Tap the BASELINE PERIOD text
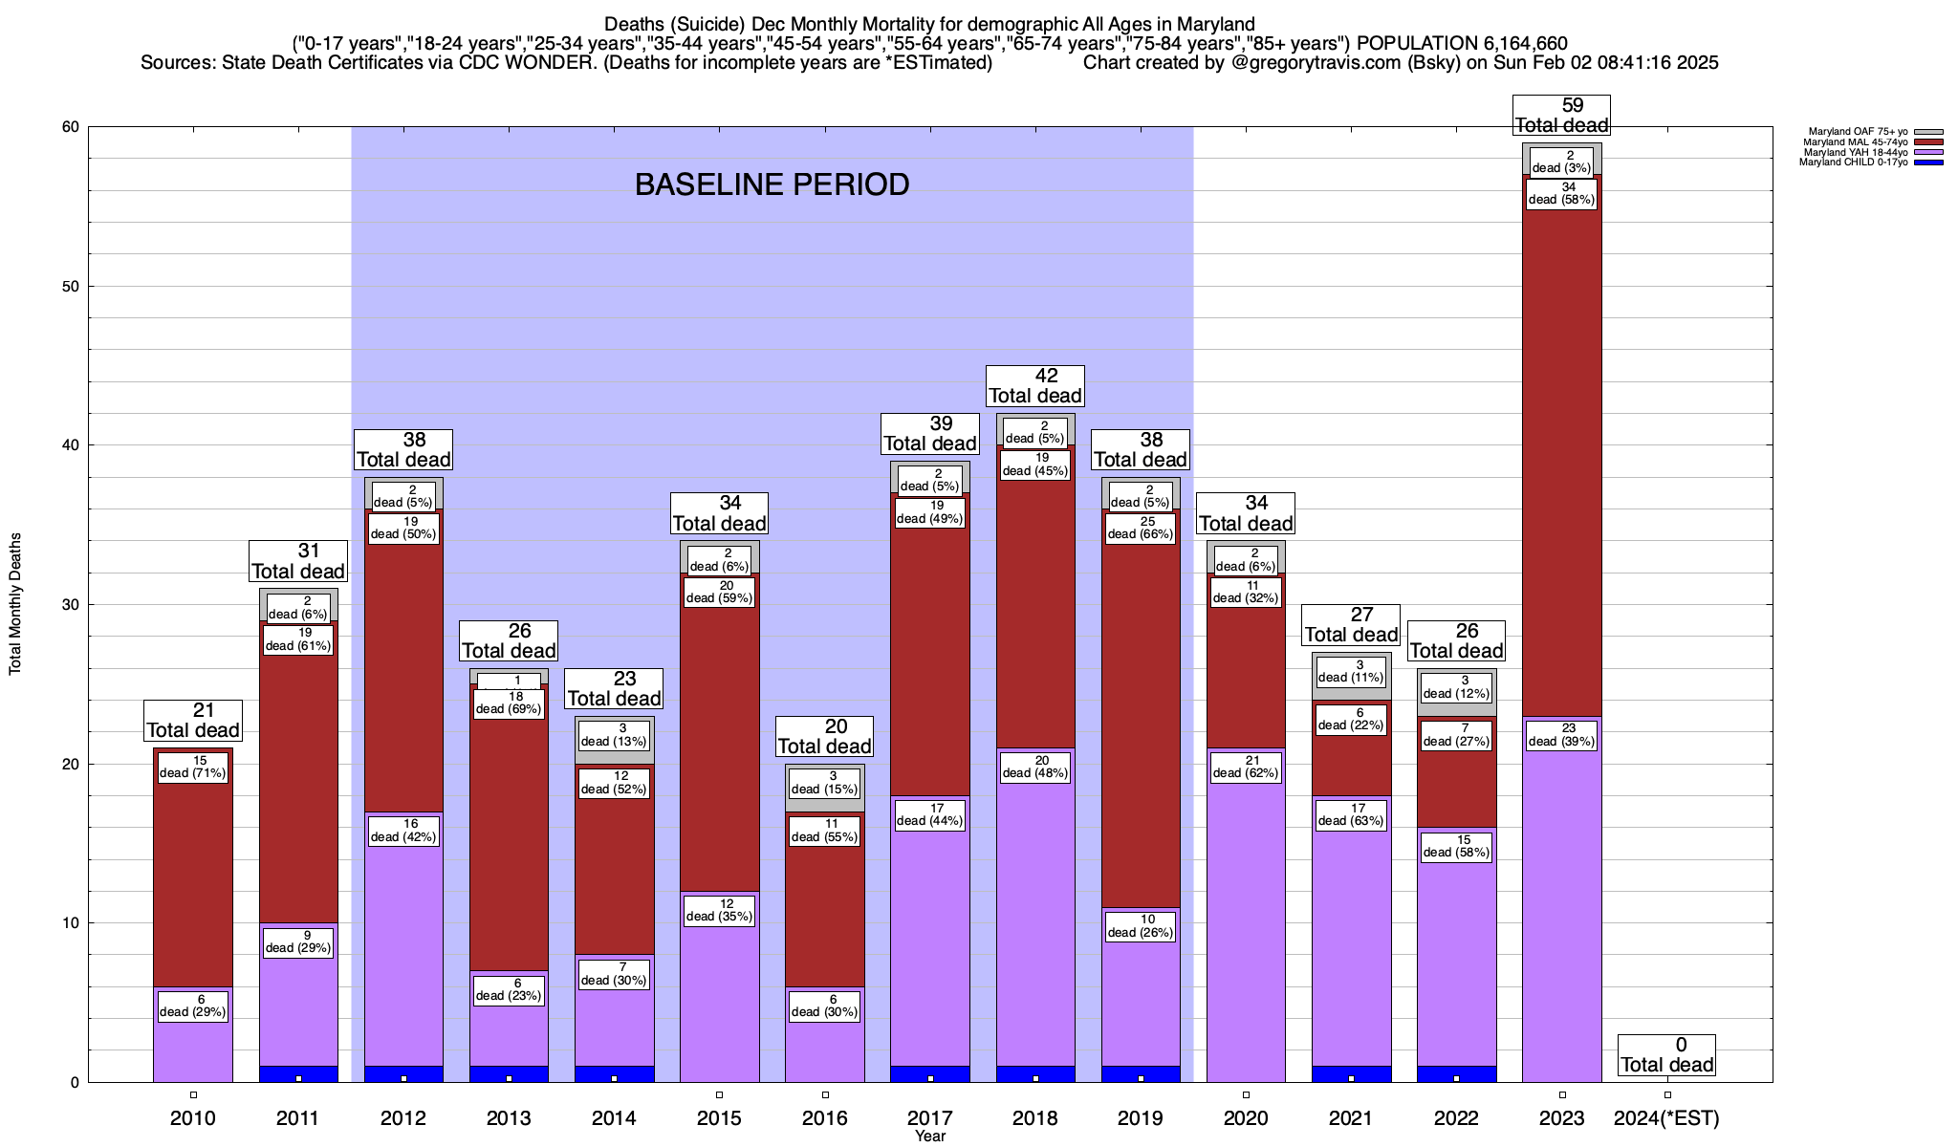click(772, 184)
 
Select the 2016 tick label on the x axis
click(825, 1118)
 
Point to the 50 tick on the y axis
click(72, 287)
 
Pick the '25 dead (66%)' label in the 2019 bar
click(1141, 529)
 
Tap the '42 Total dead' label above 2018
click(1035, 386)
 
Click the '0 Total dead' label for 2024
click(1667, 1055)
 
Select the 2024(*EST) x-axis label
click(1666, 1118)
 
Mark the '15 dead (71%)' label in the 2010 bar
click(193, 768)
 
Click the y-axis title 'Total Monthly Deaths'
click(15, 604)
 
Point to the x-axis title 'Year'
click(929, 1136)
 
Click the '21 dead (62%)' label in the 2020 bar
click(1246, 768)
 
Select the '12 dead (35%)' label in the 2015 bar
click(720, 911)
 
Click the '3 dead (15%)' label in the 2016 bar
click(825, 784)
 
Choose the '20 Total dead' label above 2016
click(825, 737)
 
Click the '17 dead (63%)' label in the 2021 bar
click(1351, 815)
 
